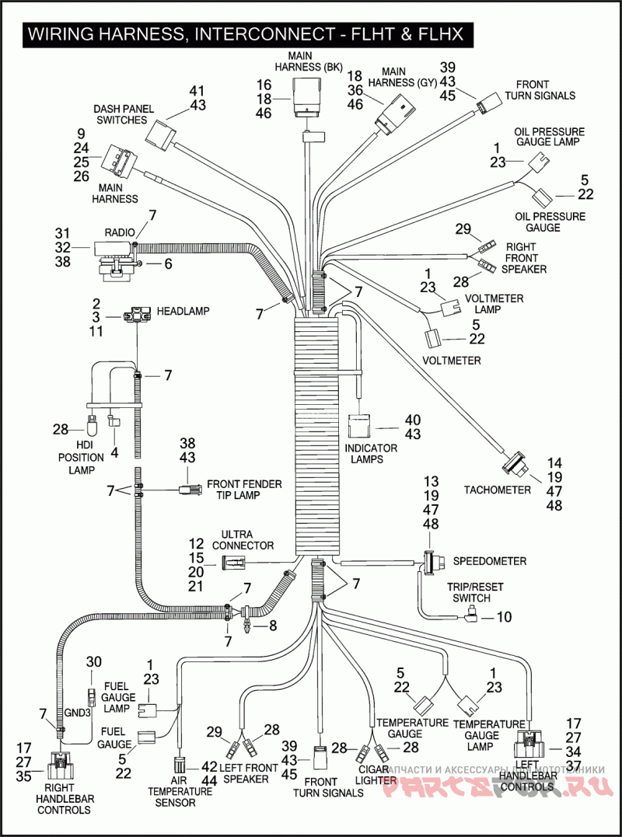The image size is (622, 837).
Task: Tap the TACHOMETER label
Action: pyautogui.click(x=498, y=490)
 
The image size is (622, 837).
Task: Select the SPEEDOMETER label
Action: pyautogui.click(x=490, y=561)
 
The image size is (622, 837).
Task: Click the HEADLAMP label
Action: pyautogui.click(x=183, y=311)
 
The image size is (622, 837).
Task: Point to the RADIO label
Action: pyautogui.click(x=120, y=232)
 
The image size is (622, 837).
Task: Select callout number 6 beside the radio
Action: pyautogui.click(x=167, y=264)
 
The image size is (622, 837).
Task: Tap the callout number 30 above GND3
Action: pyautogui.click(x=93, y=661)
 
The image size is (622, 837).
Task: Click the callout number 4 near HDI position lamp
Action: pyautogui.click(x=115, y=452)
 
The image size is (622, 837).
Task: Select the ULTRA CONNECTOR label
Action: pyautogui.click(x=247, y=540)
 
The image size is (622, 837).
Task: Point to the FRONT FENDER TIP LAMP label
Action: pyautogui.click(x=244, y=490)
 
